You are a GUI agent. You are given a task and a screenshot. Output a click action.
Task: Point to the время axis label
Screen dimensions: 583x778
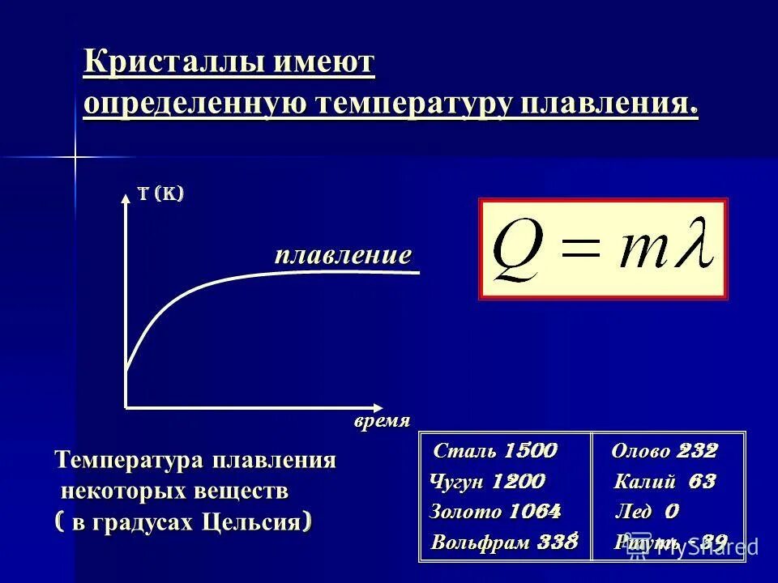coord(382,421)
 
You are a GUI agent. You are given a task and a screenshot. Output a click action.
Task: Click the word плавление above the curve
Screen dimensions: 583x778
coord(343,256)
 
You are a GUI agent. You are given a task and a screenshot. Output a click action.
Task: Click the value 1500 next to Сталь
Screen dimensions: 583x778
coord(530,451)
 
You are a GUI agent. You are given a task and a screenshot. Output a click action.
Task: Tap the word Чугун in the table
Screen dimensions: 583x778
coord(457,483)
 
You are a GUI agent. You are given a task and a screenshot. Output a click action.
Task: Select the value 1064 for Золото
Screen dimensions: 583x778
coord(535,512)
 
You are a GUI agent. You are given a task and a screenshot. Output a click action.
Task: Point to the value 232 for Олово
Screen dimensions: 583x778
coord(697,451)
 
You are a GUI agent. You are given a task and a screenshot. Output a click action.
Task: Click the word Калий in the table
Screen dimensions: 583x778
coord(644,483)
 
